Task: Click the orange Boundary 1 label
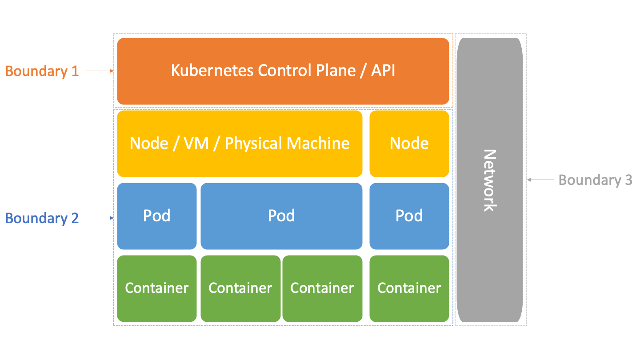[x=42, y=71]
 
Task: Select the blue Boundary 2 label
[x=42, y=218]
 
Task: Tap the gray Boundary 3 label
[x=595, y=180]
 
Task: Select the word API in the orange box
[x=383, y=71]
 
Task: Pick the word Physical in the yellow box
[x=253, y=144]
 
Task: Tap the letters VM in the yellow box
[x=196, y=144]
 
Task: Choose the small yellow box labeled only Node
[x=409, y=144]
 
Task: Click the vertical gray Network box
[x=489, y=180]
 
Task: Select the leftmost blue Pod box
[x=156, y=216]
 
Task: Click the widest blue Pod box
[x=281, y=216]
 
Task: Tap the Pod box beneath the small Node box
[x=409, y=216]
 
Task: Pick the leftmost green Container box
[x=156, y=288]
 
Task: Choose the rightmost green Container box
[x=409, y=288]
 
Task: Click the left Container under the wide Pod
[x=240, y=288]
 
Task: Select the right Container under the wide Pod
[x=322, y=288]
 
